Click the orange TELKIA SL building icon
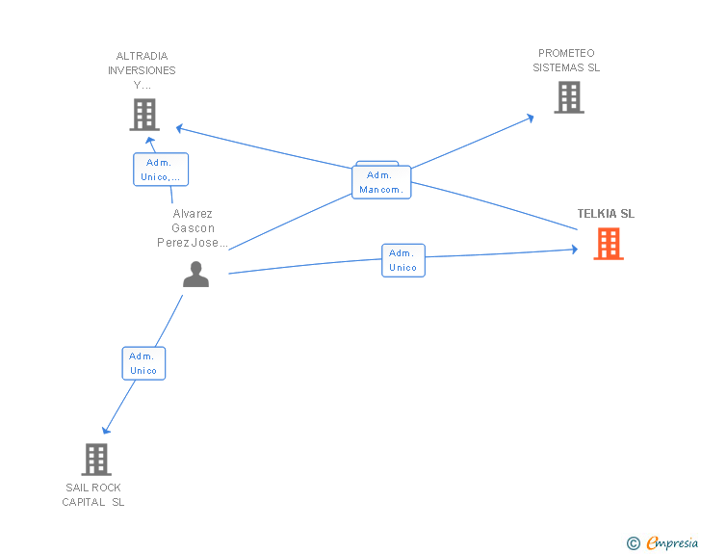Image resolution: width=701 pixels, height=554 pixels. pos(609,244)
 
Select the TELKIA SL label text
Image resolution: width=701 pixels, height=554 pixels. pos(606,214)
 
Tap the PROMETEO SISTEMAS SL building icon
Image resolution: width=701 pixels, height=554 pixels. pos(569,97)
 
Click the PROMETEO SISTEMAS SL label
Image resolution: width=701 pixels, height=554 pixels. pos(566,61)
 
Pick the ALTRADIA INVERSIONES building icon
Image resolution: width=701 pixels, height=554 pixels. pos(144,115)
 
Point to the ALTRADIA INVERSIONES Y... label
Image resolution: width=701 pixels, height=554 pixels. pos(142,70)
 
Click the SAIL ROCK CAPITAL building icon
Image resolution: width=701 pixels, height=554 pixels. pos(96,460)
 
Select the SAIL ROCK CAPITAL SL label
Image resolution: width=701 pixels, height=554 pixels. pos(93,494)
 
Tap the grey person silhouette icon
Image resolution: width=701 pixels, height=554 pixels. pos(195,274)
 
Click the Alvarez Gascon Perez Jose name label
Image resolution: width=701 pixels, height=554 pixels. pos(193,227)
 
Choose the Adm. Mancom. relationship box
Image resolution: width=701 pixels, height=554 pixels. pos(381,182)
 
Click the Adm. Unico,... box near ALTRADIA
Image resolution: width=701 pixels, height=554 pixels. pos(161,170)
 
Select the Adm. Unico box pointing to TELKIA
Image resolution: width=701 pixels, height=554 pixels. pos(403,260)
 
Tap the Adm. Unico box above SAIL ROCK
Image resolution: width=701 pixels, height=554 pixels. pos(143,363)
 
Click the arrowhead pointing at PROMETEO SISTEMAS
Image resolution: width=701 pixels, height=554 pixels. pos(531,119)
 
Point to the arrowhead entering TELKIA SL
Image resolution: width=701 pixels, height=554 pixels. pos(575,250)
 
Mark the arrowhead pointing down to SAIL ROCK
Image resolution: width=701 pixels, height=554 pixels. pos(106,430)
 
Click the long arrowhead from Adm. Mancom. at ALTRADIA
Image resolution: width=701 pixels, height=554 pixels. pos(179,129)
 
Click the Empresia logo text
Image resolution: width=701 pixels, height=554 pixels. pos(672,542)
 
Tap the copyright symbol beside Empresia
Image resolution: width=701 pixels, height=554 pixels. pos(633,543)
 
